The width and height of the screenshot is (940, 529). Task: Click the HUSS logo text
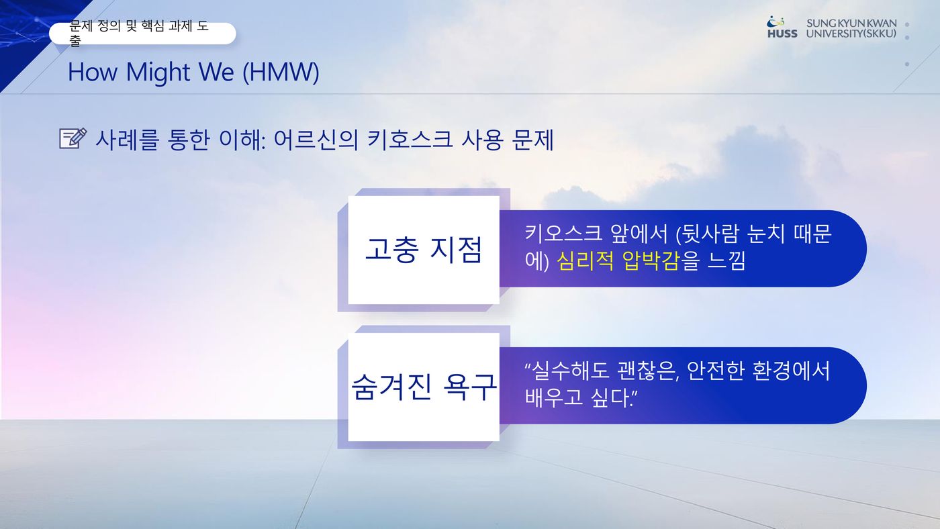pyautogui.click(x=782, y=34)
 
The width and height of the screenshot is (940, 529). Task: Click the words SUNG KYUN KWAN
pyautogui.click(x=851, y=23)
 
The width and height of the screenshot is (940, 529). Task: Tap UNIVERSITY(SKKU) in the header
pyautogui.click(x=851, y=34)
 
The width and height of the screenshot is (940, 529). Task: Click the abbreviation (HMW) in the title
pyautogui.click(x=281, y=72)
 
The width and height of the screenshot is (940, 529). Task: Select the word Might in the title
pyautogui.click(x=158, y=72)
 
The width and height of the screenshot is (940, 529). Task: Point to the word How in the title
pyautogui.click(x=93, y=72)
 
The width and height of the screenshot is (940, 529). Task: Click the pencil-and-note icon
pyautogui.click(x=73, y=138)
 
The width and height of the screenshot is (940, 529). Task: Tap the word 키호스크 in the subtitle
pyautogui.click(x=410, y=139)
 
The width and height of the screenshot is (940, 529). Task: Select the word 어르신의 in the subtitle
pyautogui.click(x=316, y=139)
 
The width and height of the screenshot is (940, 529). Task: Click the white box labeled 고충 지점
pyautogui.click(x=424, y=250)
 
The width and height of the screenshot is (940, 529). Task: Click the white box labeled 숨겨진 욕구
pyautogui.click(x=424, y=387)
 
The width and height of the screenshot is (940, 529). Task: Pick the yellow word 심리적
pyautogui.click(x=585, y=261)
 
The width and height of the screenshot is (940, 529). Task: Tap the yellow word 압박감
pyautogui.click(x=650, y=261)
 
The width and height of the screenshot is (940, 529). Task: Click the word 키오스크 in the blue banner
pyautogui.click(x=563, y=233)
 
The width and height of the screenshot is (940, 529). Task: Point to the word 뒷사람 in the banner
pyautogui.click(x=710, y=233)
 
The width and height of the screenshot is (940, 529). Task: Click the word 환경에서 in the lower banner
pyautogui.click(x=792, y=371)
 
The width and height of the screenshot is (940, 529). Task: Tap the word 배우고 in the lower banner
pyautogui.click(x=554, y=397)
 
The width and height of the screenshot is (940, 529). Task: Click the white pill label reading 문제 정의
pyautogui.click(x=142, y=33)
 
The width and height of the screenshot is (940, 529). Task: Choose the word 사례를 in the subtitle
pyautogui.click(x=127, y=139)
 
